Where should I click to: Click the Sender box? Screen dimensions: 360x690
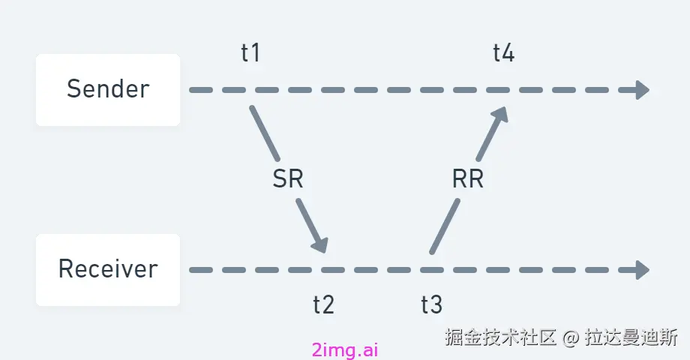click(x=108, y=90)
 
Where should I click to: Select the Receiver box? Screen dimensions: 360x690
click(x=108, y=269)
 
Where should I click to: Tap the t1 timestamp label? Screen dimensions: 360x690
click(x=250, y=54)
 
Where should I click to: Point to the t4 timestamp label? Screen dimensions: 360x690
click(x=503, y=54)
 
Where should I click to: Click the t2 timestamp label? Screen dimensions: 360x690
click(x=323, y=305)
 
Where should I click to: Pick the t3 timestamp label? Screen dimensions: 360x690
click(x=431, y=305)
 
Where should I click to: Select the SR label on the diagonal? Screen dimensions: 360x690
click(x=288, y=180)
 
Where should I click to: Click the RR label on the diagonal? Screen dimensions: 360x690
click(x=468, y=180)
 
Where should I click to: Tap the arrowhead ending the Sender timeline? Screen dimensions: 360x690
click(x=641, y=90)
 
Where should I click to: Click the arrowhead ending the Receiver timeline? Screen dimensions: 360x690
click(x=641, y=269)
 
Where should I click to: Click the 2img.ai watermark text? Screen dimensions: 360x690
click(x=345, y=350)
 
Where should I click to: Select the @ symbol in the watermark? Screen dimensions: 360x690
click(x=571, y=337)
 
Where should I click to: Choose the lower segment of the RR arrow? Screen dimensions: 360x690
click(x=444, y=226)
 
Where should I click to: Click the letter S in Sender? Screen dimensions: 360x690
click(x=73, y=90)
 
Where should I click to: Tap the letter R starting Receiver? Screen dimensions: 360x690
click(x=65, y=269)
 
